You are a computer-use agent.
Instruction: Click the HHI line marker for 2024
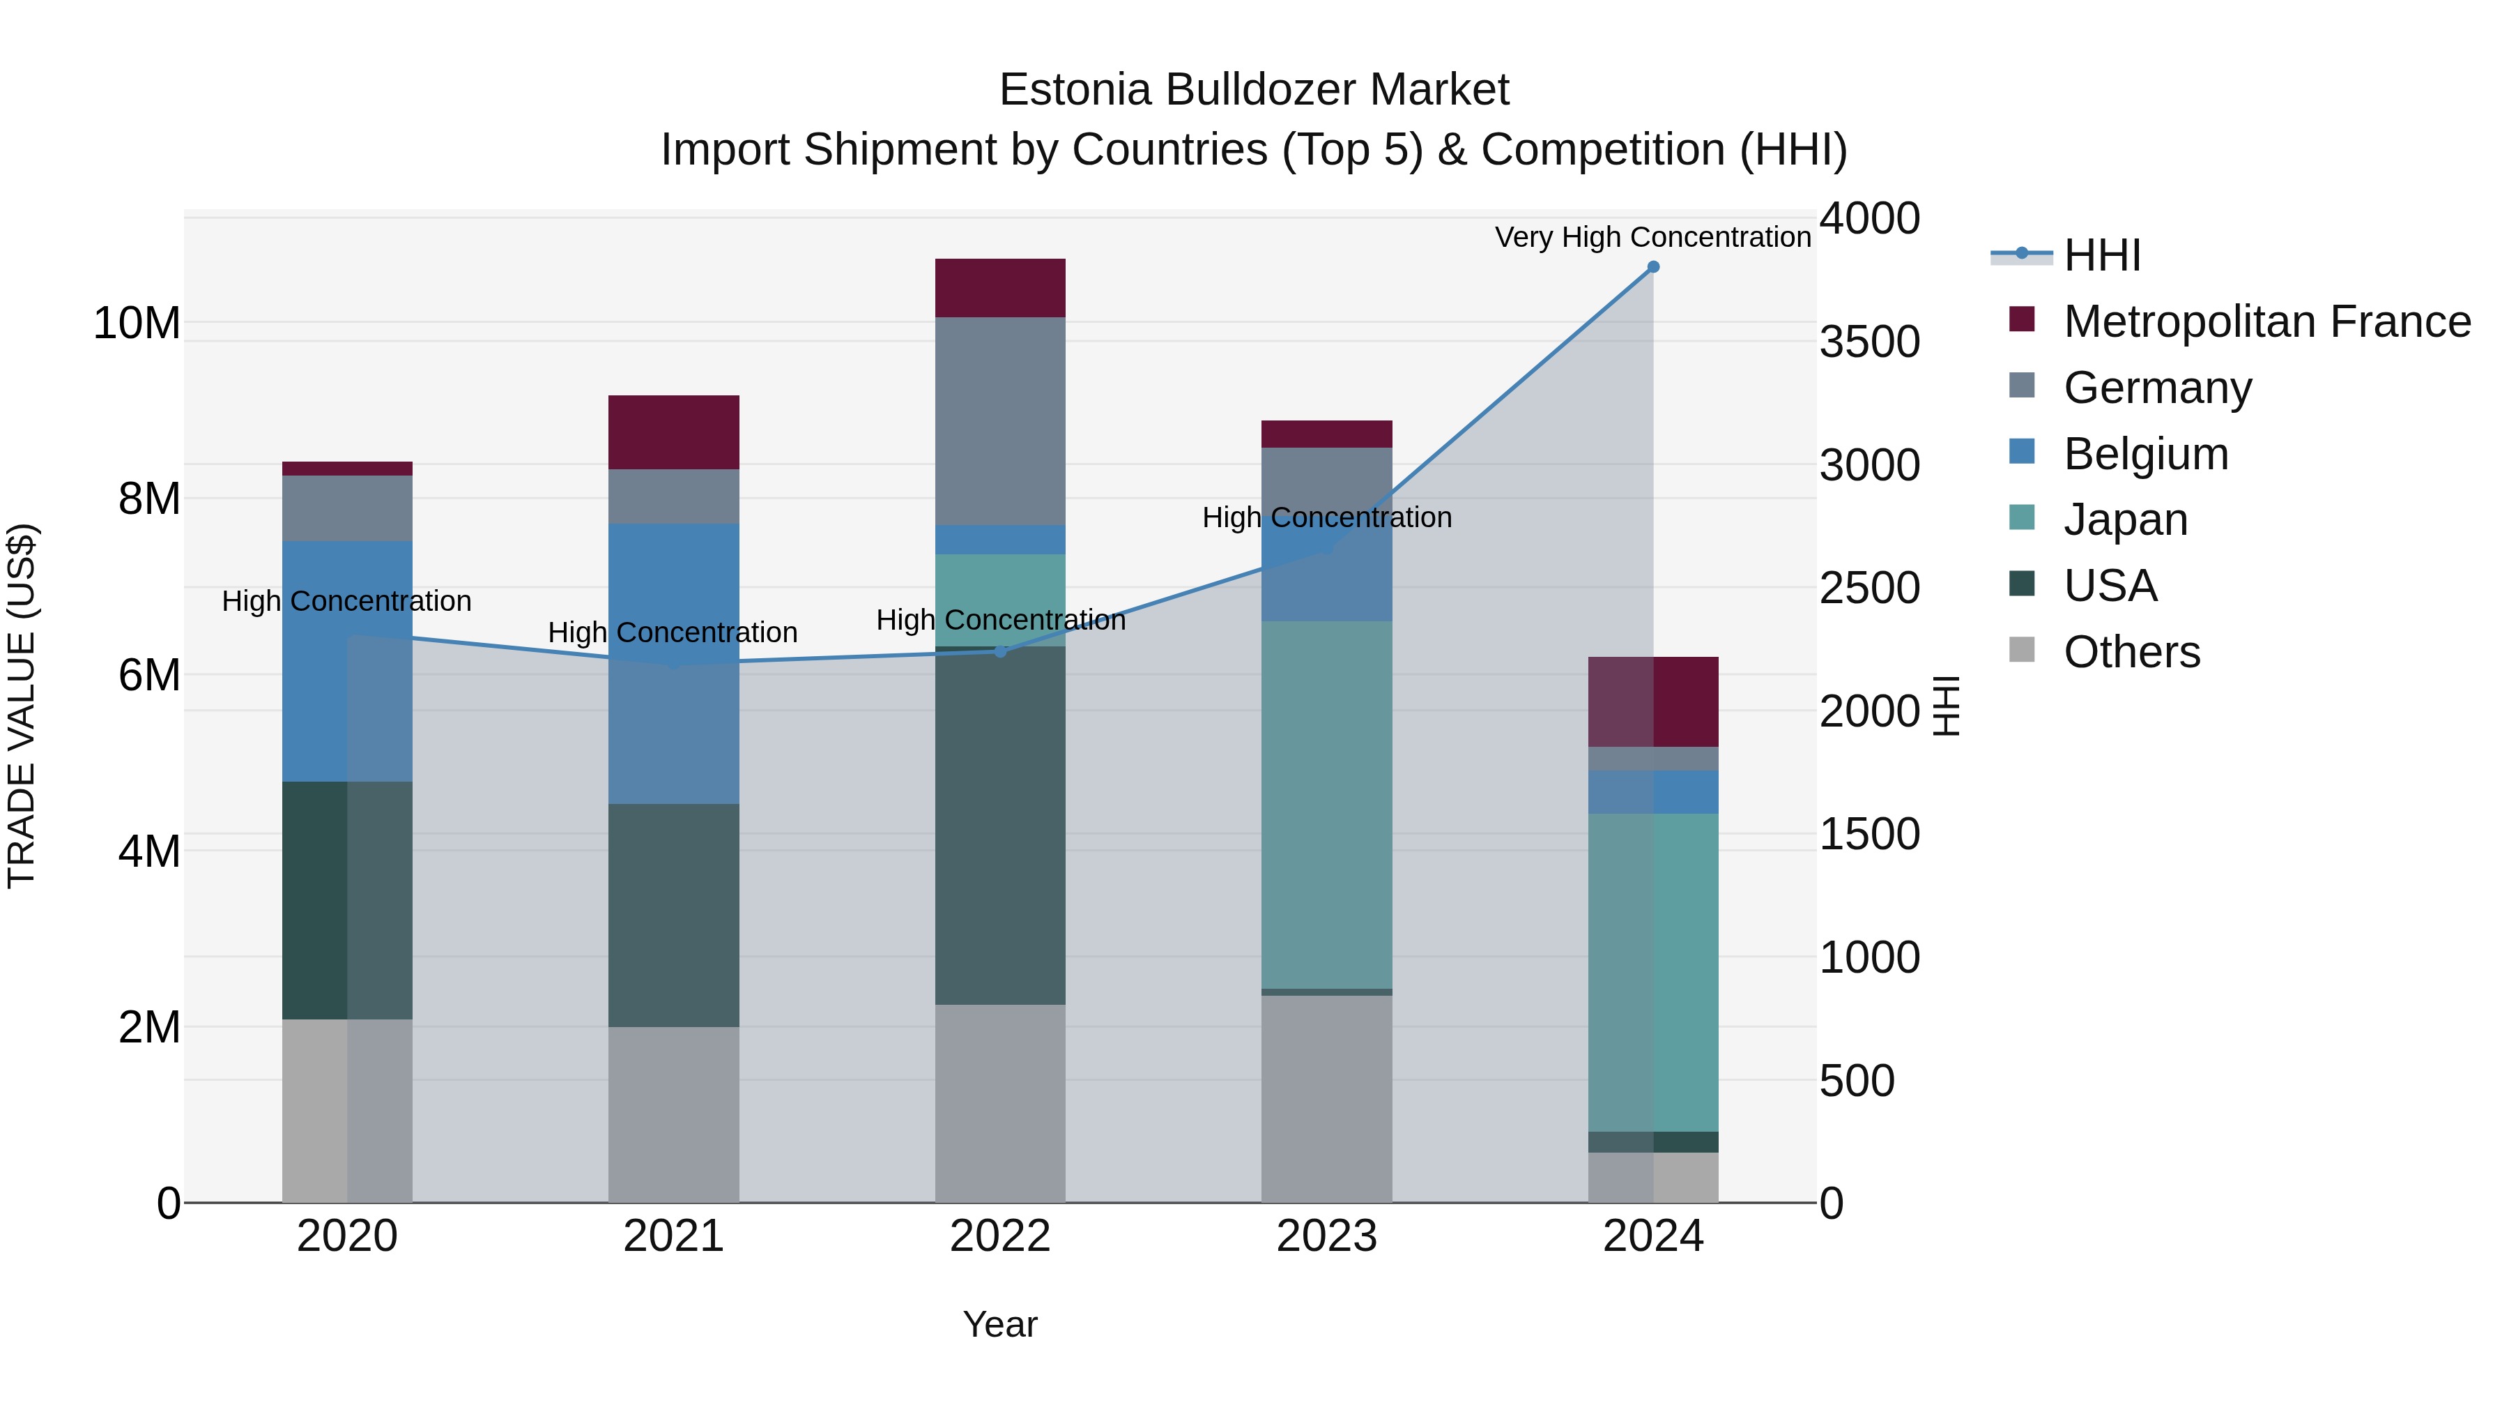pyautogui.click(x=1653, y=267)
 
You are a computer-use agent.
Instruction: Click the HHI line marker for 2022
pyautogui.click(x=1000, y=651)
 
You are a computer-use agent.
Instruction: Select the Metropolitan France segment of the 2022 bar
pyautogui.click(x=1000, y=289)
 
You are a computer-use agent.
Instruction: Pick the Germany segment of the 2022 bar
pyautogui.click(x=1000, y=421)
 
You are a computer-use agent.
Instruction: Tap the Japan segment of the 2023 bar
pyautogui.click(x=1326, y=805)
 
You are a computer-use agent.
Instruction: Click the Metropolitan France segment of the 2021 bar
pyautogui.click(x=674, y=432)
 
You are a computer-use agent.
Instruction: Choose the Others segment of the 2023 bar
pyautogui.click(x=1326, y=1098)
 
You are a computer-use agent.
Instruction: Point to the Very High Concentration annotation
pyautogui.click(x=1653, y=237)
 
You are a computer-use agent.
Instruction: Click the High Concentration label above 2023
pyautogui.click(x=1326, y=517)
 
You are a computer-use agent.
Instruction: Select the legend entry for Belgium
pyautogui.click(x=2146, y=454)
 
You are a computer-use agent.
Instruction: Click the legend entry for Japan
pyautogui.click(x=2125, y=519)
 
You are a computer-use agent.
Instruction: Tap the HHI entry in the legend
pyautogui.click(x=2102, y=255)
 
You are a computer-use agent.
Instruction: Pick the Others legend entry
pyautogui.click(x=2131, y=652)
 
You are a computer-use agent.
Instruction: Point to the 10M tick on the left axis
pyautogui.click(x=137, y=323)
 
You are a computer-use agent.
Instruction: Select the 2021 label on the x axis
pyautogui.click(x=674, y=1236)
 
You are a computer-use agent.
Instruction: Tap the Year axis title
pyautogui.click(x=1000, y=1324)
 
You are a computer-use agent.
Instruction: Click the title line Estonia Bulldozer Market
pyautogui.click(x=1254, y=90)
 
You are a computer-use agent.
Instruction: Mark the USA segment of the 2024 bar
pyautogui.click(x=1653, y=1142)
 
